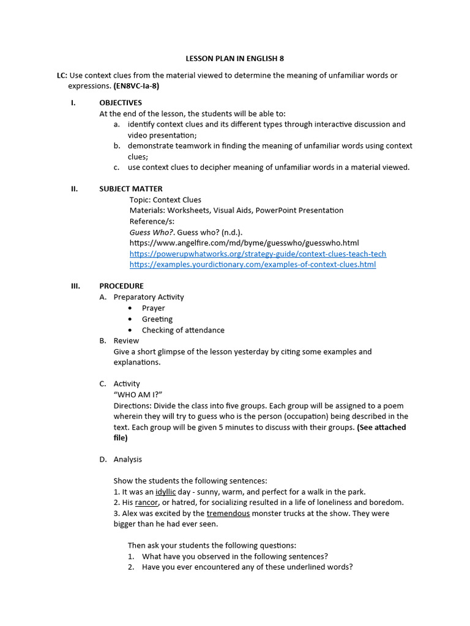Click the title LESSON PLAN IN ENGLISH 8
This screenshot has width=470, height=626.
pyautogui.click(x=235, y=59)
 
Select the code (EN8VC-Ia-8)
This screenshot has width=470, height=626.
pyautogui.click(x=136, y=86)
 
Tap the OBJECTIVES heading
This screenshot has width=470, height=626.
pyautogui.click(x=121, y=103)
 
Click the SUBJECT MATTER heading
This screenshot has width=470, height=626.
pyautogui.click(x=131, y=189)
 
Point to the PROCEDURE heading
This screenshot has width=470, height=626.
pyautogui.click(x=122, y=286)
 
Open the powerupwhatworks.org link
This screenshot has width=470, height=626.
pyautogui.click(x=258, y=254)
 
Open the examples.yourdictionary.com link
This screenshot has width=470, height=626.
pyautogui.click(x=253, y=265)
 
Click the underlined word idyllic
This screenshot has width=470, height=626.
pyautogui.click(x=165, y=492)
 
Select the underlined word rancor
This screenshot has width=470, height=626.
pyautogui.click(x=147, y=503)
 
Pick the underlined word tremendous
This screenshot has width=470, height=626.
pyautogui.click(x=228, y=514)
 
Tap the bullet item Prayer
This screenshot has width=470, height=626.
pyautogui.click(x=154, y=308)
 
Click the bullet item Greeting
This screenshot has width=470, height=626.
pyautogui.click(x=157, y=319)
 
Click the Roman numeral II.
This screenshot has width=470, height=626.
pyautogui.click(x=74, y=189)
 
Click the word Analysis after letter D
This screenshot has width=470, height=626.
pyautogui.click(x=128, y=460)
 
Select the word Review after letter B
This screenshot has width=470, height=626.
pyautogui.click(x=126, y=341)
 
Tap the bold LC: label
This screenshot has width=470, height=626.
pyautogui.click(x=62, y=76)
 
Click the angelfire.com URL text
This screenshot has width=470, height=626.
pyautogui.click(x=244, y=243)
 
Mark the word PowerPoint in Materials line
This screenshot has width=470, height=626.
pyautogui.click(x=282, y=210)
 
